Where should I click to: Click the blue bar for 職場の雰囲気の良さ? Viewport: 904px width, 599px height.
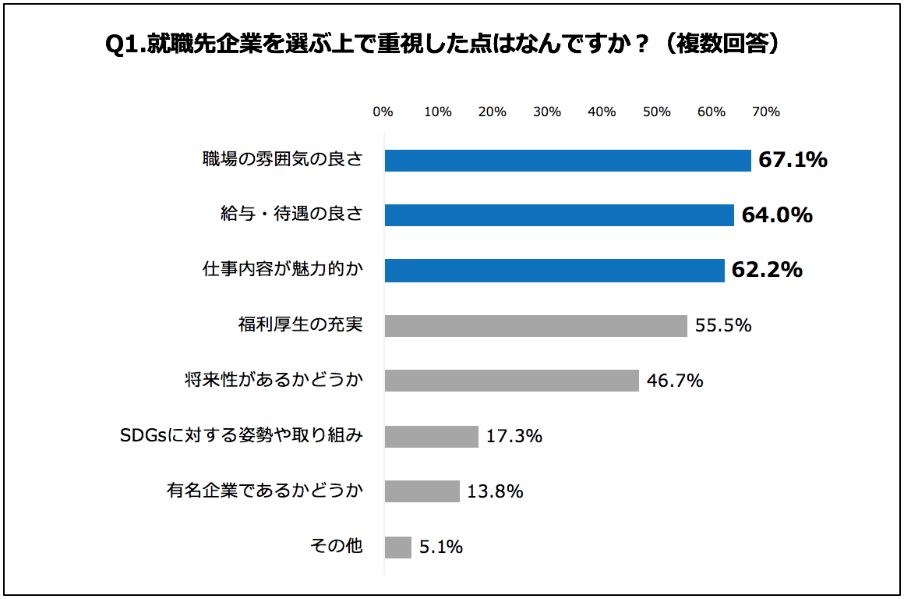coord(567,160)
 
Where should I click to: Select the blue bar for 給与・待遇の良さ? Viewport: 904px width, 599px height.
coord(559,215)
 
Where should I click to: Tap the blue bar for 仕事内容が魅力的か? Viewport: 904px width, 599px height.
coord(554,271)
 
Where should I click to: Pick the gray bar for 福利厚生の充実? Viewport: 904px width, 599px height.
coord(535,325)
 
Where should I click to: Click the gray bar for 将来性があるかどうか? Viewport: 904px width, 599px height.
coord(511,381)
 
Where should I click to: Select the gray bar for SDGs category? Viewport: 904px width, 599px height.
coord(431,436)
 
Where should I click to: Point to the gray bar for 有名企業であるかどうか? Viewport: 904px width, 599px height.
coord(422,491)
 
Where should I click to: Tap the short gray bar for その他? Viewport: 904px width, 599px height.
coord(397,547)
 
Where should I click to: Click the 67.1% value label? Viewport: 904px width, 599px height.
coord(793,160)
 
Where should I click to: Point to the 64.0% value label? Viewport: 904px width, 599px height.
coord(777,215)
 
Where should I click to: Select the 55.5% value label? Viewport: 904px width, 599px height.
coord(723,325)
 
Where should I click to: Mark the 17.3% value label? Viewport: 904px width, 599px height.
coord(514,436)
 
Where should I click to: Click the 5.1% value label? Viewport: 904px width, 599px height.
coord(441,547)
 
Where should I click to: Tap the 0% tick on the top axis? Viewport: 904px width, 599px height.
coord(383,112)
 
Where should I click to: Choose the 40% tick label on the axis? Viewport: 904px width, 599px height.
coord(602,112)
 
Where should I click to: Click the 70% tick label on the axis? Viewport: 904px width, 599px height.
coord(766,112)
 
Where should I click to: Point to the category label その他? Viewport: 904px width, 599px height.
coord(337,546)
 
